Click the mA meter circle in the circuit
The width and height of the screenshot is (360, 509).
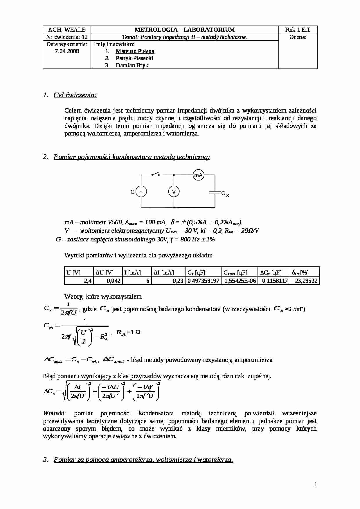[x=199, y=175]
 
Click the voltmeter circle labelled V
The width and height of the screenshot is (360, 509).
[x=174, y=192]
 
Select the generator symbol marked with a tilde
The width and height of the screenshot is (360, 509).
[x=141, y=192]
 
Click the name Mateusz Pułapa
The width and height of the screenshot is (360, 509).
[x=135, y=51]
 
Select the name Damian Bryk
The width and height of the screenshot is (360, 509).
[x=132, y=65]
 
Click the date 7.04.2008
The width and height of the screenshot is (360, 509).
[x=67, y=51]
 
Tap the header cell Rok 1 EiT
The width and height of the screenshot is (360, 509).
[x=298, y=30]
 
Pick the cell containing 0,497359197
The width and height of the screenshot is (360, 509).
[x=203, y=281]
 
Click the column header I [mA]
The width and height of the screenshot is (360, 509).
[x=132, y=272]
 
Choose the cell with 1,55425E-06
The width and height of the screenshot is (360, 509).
[x=240, y=281]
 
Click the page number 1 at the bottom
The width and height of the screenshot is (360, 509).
[x=316, y=484]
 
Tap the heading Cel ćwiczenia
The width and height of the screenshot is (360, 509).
[x=75, y=95]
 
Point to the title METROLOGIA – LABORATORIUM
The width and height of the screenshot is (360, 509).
[x=185, y=30]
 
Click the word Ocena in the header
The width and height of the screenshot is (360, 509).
[x=298, y=37]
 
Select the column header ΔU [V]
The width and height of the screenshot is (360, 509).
[x=105, y=272]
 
